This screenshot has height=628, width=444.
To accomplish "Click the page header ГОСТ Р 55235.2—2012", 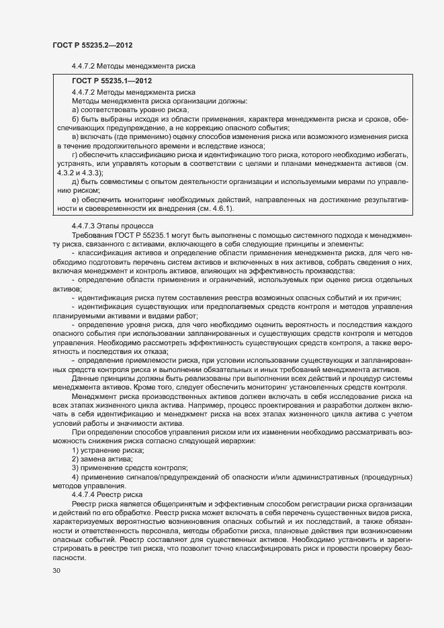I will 91,44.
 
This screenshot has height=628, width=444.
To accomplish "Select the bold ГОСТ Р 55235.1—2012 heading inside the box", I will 108,81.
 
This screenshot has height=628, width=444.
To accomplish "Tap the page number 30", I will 56,571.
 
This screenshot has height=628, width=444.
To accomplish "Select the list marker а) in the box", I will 76,109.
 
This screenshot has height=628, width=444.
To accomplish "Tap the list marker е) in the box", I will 76,199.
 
